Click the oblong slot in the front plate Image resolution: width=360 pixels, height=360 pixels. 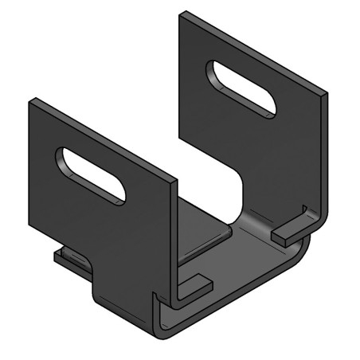tap(90, 174)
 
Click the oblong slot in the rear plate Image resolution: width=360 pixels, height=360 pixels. tap(241, 88)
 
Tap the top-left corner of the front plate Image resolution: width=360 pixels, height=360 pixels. tap(32, 101)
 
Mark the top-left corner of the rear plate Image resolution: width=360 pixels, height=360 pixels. tap(183, 14)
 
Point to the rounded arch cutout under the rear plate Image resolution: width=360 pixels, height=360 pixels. tap(239, 191)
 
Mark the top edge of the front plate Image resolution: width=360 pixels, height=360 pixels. tap(104, 140)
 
